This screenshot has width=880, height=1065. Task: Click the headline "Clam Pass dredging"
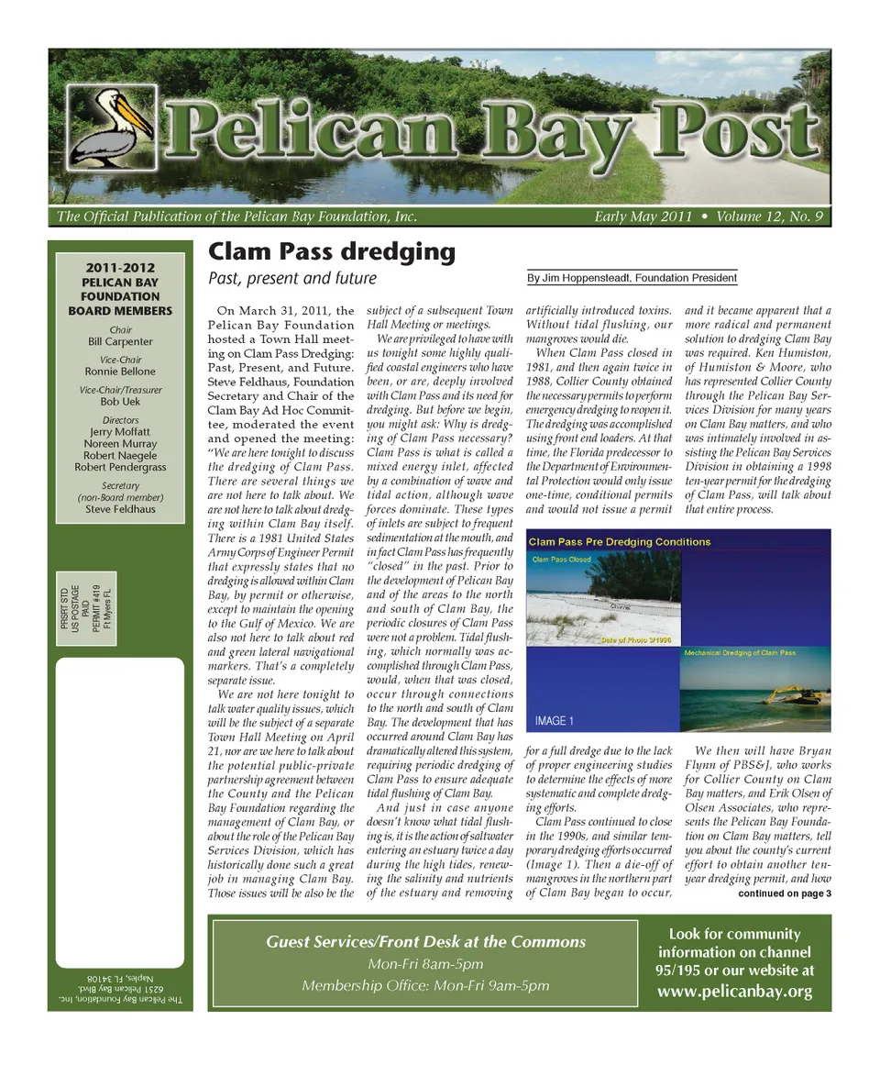[x=331, y=251]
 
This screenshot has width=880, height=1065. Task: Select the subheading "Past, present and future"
[x=292, y=278]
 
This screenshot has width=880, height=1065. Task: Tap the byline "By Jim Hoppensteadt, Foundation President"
[x=632, y=278]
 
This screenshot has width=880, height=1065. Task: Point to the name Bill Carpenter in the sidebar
[x=120, y=342]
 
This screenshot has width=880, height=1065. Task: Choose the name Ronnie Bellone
[x=120, y=372]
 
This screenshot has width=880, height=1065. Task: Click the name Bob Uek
[x=120, y=402]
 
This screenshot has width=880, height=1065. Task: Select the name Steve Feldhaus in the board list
[x=120, y=508]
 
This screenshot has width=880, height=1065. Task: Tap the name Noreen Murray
[x=120, y=443]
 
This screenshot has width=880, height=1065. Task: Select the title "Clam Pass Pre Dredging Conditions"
[x=620, y=542]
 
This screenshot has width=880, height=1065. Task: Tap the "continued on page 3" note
[x=784, y=893]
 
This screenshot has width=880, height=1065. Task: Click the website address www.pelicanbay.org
[x=734, y=991]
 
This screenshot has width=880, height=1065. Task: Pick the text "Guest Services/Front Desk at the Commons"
[x=425, y=942]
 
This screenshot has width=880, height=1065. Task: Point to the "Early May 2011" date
[x=643, y=217]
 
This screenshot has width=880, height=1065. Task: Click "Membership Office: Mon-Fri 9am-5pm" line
[x=425, y=986]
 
